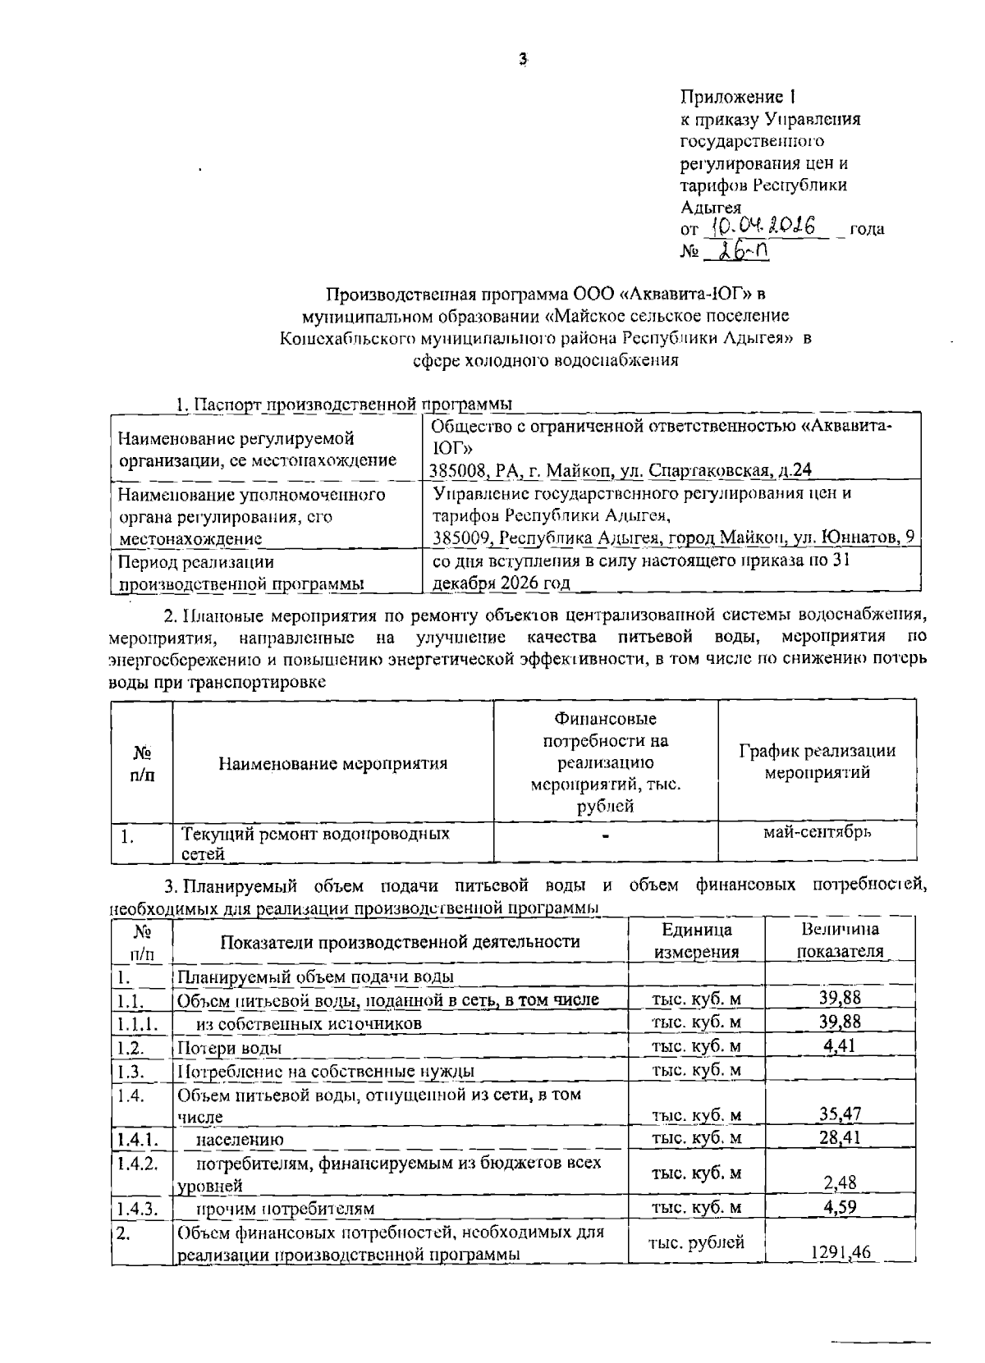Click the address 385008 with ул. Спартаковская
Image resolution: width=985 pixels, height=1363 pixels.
coord(621,470)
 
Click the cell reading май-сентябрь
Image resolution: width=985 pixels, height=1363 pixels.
coord(817,831)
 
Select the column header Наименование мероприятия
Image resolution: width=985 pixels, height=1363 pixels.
coord(332,763)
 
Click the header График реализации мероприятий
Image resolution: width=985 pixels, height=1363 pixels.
coord(817,762)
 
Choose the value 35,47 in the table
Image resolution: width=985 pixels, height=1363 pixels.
coord(840,1114)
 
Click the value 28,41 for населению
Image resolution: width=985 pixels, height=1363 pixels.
coord(840,1137)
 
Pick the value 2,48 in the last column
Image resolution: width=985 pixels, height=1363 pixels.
coord(840,1182)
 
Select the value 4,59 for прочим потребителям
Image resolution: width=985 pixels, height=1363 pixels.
coord(840,1207)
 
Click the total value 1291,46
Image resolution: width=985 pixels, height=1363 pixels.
coord(840,1251)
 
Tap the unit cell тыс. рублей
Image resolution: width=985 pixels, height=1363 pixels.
coord(696,1242)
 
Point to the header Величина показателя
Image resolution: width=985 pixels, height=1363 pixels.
coord(840,940)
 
